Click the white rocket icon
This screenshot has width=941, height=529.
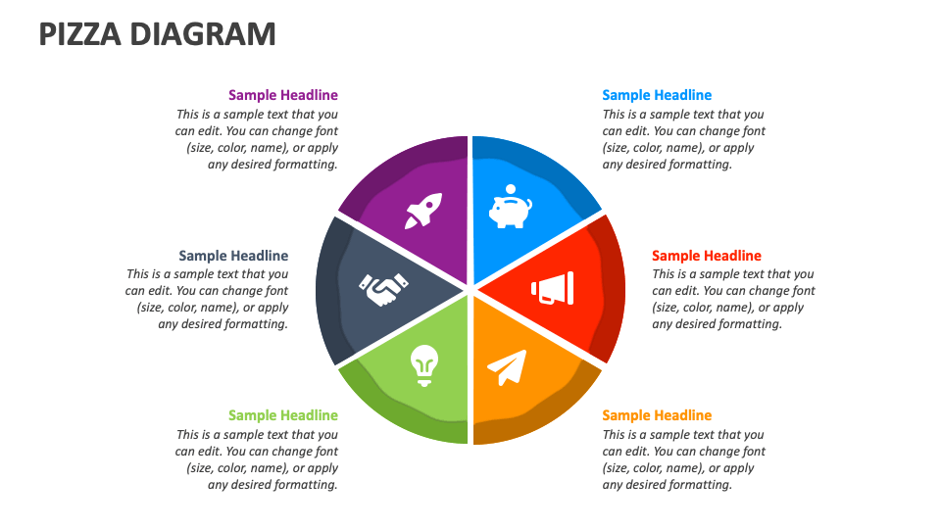click(423, 211)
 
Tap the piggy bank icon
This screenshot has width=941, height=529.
click(510, 207)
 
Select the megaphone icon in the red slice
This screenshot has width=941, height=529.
click(553, 288)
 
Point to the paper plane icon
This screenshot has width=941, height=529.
click(507, 367)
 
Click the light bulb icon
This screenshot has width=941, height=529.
click(424, 365)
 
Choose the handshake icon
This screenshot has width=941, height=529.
click(383, 289)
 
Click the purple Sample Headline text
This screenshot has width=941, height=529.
click(283, 95)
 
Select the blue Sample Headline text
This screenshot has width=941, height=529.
click(657, 95)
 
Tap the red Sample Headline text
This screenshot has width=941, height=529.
click(707, 256)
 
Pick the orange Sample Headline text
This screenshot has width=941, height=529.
click(657, 415)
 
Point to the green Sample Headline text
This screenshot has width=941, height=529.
click(283, 415)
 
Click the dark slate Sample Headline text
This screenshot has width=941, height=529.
click(233, 256)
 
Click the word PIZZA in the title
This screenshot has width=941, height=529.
click(80, 34)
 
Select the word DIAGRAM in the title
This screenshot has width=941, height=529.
click(203, 34)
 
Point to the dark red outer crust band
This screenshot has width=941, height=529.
click(612, 288)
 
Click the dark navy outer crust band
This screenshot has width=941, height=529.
click(328, 291)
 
